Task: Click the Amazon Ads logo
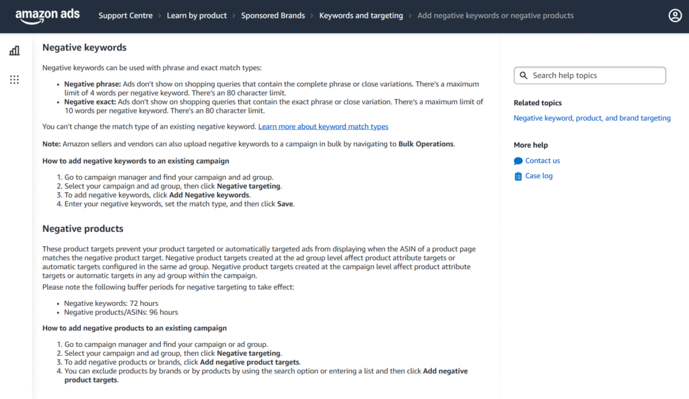[x=47, y=16]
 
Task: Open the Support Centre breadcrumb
[x=125, y=16]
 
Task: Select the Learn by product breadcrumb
[x=196, y=16]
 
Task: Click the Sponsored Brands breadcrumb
[x=273, y=16]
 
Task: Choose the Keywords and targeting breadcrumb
[x=361, y=16]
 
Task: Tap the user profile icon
[x=675, y=16]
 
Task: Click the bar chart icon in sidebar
[x=14, y=51]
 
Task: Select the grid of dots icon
[x=14, y=80]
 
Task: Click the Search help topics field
[x=595, y=75]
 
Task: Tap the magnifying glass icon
[x=523, y=75]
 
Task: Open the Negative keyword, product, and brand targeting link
[x=591, y=118]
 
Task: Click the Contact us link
[x=542, y=160]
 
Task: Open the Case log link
[x=538, y=176]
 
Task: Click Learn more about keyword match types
[x=323, y=127]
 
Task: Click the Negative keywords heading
[x=84, y=48]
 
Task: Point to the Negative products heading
[x=83, y=228]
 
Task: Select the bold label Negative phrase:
[x=92, y=84]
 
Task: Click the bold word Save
[x=285, y=204]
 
